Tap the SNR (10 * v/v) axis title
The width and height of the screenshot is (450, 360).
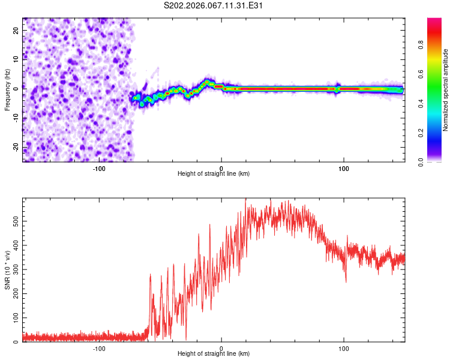tap(7, 270)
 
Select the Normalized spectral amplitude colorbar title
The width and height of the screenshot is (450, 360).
tap(445, 90)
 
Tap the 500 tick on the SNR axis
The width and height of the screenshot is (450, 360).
tap(16, 221)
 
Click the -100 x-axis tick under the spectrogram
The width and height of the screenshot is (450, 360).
tap(100, 169)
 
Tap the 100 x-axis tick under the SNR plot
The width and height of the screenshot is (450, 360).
tap(344, 349)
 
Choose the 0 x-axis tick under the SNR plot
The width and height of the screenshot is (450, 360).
tap(221, 349)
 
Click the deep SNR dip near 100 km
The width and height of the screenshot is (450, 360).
tap(346, 281)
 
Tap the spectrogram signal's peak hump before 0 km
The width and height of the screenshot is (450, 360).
tap(208, 82)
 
